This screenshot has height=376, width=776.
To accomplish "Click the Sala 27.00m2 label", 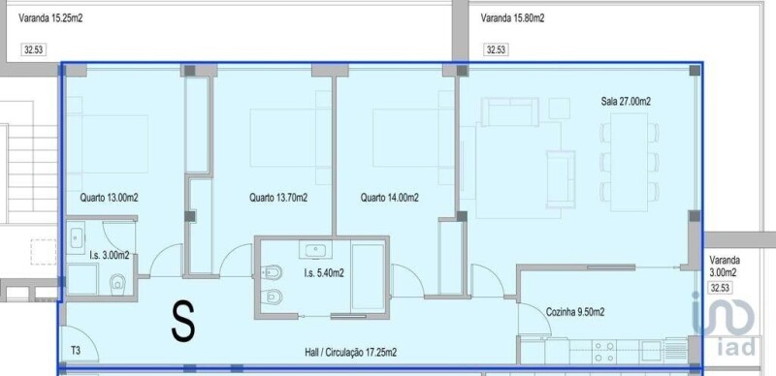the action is (x=626, y=102).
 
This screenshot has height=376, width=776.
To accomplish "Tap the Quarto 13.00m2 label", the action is (x=109, y=198).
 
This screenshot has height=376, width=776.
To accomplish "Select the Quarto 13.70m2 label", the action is (x=278, y=198).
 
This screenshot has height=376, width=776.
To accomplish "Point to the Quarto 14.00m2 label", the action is (x=390, y=198).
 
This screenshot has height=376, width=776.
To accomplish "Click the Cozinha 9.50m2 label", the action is (x=575, y=312).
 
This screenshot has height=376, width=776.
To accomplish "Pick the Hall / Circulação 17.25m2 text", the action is (x=350, y=352).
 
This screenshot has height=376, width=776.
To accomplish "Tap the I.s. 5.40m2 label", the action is (x=324, y=272).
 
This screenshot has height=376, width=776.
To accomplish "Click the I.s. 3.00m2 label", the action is (x=110, y=255).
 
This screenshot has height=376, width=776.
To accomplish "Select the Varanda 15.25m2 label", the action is (x=50, y=18).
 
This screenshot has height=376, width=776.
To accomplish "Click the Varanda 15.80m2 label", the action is (x=512, y=18).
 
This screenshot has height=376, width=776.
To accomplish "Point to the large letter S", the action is (x=183, y=322).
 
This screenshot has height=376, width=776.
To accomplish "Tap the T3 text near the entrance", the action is (x=76, y=351).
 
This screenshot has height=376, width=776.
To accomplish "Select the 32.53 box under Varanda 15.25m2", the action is (x=34, y=50).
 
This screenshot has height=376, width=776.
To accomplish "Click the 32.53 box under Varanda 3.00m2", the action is (x=722, y=288).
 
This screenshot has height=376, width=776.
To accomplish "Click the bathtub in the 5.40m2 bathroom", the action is (x=368, y=276).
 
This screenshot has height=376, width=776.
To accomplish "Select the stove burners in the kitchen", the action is (x=604, y=351).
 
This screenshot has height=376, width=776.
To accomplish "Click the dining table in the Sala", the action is (x=629, y=162).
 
